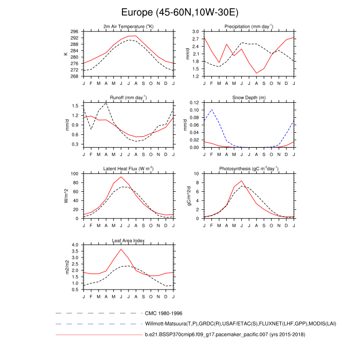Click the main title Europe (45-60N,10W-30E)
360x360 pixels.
pyautogui.click(x=180, y=12)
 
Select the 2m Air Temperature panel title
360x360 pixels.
pyautogui.click(x=128, y=26)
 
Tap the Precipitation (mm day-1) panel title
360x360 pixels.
pyautogui.click(x=249, y=26)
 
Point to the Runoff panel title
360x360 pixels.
pyautogui.click(x=128, y=97)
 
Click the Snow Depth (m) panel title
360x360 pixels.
pyautogui.click(x=249, y=97)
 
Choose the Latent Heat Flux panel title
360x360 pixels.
pyautogui.click(x=128, y=168)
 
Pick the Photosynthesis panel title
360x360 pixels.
pyautogui.click(x=249, y=168)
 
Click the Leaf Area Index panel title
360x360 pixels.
pyautogui.click(x=128, y=240)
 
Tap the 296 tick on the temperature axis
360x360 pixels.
pyautogui.click(x=75, y=31)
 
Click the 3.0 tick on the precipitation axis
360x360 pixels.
pyautogui.click(x=196, y=31)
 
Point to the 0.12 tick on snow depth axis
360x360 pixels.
pyautogui.click(x=194, y=103)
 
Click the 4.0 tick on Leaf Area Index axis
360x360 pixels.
pyautogui.click(x=75, y=245)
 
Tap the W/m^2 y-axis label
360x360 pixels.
pyautogui.click(x=66, y=196)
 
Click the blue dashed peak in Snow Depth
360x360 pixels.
pyautogui.click(x=211, y=110)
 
